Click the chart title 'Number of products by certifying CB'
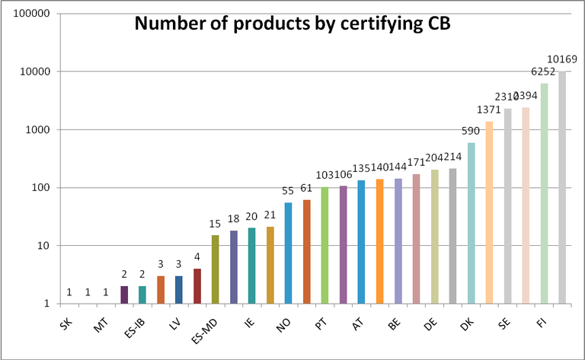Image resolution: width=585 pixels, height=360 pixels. (292, 24)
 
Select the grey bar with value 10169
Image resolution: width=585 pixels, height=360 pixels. (562, 187)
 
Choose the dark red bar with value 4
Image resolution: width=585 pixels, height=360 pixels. (197, 286)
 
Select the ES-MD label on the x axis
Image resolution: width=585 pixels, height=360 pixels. (205, 332)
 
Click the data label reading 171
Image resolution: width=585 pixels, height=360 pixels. (417, 163)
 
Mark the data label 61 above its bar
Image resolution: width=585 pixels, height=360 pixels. (306, 188)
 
